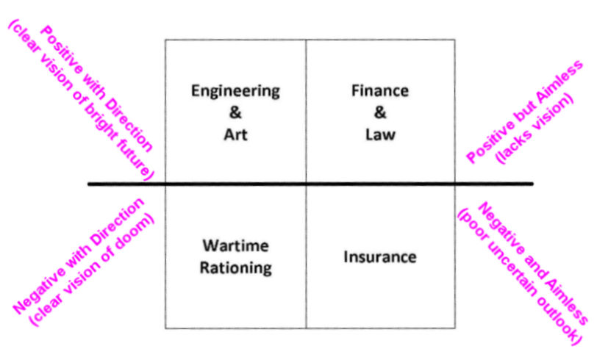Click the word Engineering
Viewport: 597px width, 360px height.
point(235,92)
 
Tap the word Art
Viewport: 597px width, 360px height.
point(235,136)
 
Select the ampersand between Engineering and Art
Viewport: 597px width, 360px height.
point(235,114)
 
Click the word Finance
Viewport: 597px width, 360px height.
point(379,92)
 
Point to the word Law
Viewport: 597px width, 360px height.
point(379,136)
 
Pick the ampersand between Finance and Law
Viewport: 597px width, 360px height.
point(379,114)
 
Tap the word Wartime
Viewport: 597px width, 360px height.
point(235,245)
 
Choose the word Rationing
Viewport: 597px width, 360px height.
point(235,267)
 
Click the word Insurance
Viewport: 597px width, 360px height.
point(379,257)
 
